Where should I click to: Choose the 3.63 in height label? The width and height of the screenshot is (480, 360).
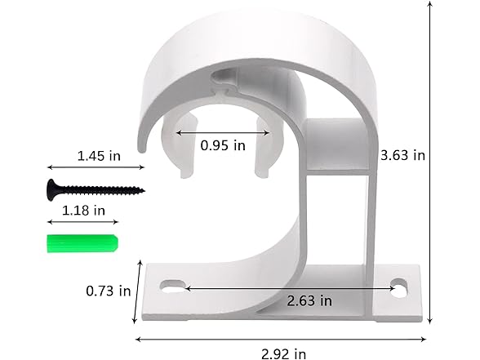(404, 153)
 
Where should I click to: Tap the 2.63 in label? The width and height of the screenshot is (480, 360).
(310, 300)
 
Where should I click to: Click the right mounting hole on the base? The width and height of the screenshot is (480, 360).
(399, 287)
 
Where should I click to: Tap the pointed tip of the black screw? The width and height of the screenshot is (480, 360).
(142, 190)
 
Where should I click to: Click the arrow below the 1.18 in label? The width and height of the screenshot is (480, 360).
(80, 221)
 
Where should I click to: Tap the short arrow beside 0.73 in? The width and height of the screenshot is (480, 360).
(139, 291)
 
